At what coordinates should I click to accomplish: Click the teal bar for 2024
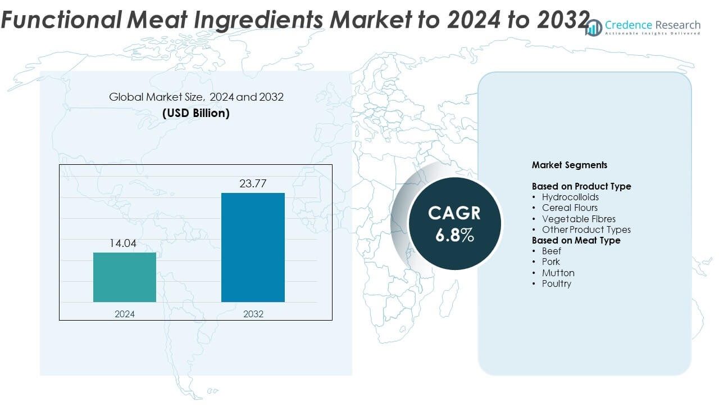pos(125,277)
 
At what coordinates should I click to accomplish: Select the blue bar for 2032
pos(253,247)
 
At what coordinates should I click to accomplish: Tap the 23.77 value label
pos(254,183)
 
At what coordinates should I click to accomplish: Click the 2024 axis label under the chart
pos(125,314)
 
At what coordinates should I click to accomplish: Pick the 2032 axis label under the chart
pos(253,314)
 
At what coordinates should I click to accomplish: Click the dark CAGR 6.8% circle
pos(454,223)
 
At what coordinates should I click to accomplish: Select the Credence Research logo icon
pos(593,27)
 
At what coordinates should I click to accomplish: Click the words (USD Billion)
pos(196,112)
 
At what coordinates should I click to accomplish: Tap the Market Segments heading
pos(569,165)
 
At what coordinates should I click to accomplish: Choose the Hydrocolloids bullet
pos(570,197)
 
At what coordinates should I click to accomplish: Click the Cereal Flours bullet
pos(570,208)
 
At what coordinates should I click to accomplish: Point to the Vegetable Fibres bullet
pos(579,219)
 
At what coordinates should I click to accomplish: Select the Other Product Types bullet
pos(586,229)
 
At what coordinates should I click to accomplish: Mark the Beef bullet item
pos(552,251)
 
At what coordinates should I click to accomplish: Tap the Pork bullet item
pos(551,262)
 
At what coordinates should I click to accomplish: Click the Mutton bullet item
pos(558,273)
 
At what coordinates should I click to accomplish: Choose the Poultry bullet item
pos(557,283)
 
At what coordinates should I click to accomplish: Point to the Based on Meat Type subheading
pos(576,240)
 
